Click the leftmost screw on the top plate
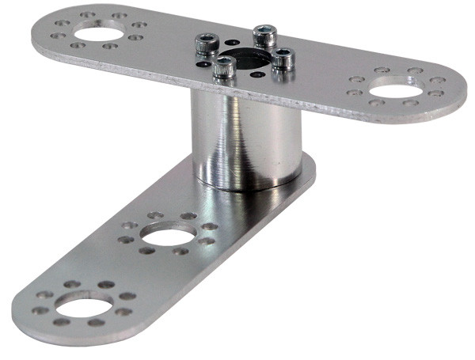click(208, 43)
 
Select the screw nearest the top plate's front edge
click(224, 69)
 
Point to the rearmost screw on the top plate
click(264, 36)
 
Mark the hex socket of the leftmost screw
click(208, 38)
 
